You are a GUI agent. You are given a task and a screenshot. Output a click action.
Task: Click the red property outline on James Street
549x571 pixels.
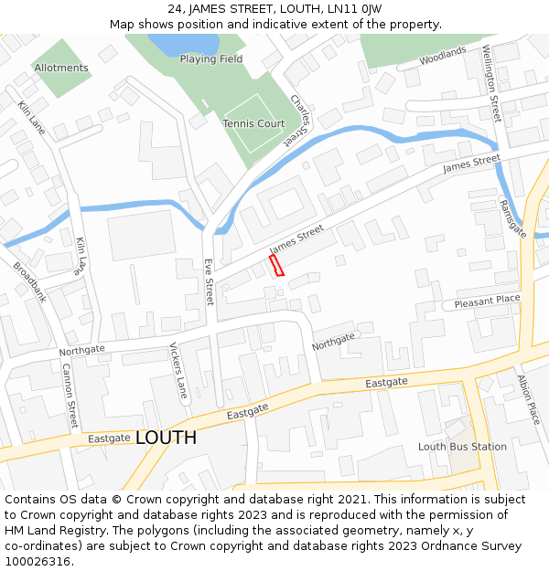[x=276, y=265]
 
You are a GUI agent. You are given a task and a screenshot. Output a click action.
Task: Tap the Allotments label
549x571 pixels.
[x=61, y=68]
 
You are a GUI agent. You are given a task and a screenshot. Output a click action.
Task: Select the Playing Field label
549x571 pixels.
[x=211, y=59]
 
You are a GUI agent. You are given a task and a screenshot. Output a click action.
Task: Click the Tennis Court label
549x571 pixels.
[x=253, y=123]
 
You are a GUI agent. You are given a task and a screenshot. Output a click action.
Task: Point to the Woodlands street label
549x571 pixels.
[x=443, y=57]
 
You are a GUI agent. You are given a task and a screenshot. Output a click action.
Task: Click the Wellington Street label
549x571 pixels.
[x=491, y=84]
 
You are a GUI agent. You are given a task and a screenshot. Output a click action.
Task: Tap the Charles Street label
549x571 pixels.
[x=300, y=120]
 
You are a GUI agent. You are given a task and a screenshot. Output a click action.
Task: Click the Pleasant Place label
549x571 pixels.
[x=487, y=301]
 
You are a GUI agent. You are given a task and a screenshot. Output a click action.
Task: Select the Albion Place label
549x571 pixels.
[x=529, y=399]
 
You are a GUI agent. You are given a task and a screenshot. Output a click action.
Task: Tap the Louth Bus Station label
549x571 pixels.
[x=462, y=447]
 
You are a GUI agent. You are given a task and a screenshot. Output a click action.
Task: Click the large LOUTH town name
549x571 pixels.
[x=166, y=439]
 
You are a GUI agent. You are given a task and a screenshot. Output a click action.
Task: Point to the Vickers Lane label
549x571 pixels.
[x=178, y=371]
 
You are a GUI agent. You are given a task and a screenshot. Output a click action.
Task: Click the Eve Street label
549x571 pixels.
[x=209, y=280]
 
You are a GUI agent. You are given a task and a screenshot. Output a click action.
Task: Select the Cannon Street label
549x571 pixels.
[x=70, y=396]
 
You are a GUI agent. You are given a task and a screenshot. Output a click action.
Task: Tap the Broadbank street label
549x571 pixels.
[x=29, y=282]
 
